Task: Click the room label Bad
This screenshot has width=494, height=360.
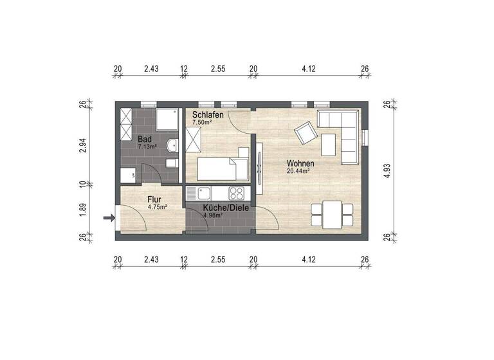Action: coord(145,139)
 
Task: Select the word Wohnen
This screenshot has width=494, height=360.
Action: coord(299,163)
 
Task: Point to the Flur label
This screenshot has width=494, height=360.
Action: coord(154,199)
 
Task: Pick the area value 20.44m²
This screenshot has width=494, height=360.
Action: coord(299,170)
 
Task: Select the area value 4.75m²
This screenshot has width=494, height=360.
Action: coord(156,207)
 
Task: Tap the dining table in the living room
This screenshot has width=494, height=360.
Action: coord(332,214)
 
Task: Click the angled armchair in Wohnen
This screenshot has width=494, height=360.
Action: coord(304,134)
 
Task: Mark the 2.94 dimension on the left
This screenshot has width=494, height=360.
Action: coord(82,145)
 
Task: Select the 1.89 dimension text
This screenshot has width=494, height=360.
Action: coord(82,210)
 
